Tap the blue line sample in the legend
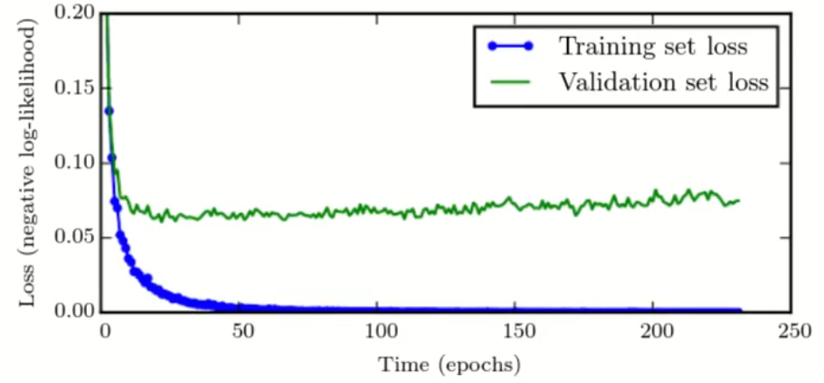(509, 45)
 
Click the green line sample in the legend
(509, 82)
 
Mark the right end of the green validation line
(739, 200)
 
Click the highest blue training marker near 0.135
(109, 110)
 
